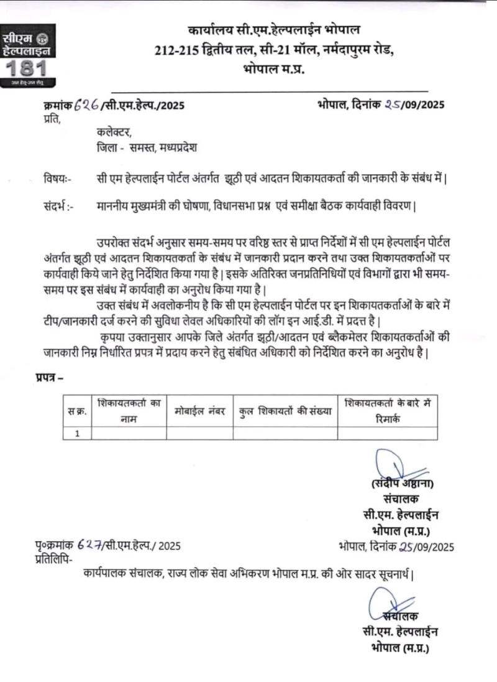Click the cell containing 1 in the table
click(77, 433)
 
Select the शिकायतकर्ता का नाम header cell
click(129, 411)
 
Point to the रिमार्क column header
click(387, 411)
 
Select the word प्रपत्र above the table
click(45, 378)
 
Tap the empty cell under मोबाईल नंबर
click(199, 433)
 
